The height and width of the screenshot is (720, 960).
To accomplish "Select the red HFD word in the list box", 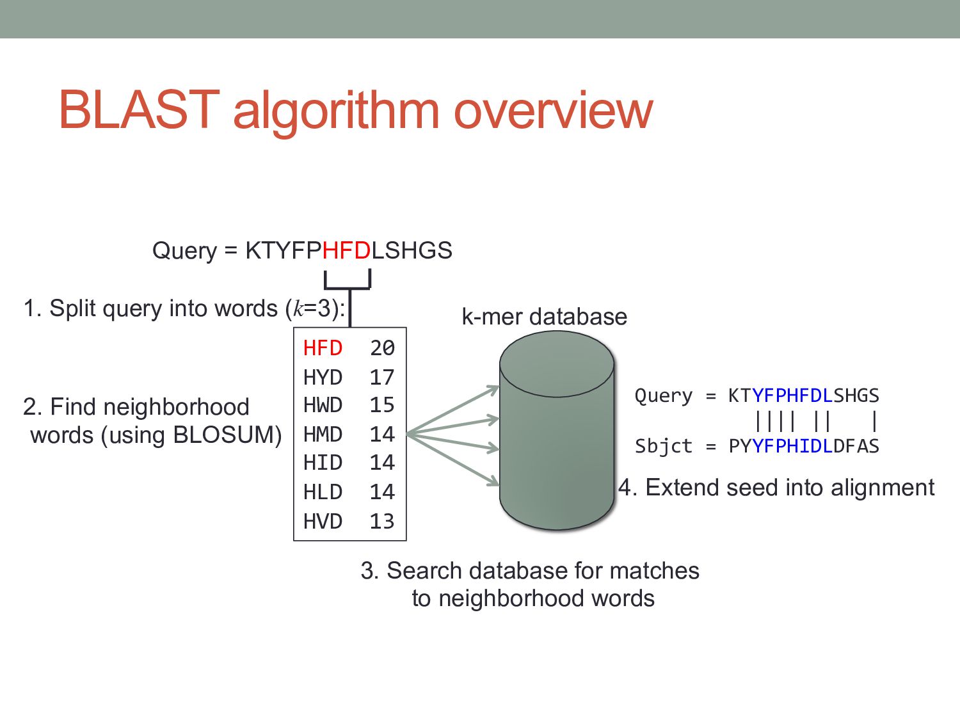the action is (x=323, y=348).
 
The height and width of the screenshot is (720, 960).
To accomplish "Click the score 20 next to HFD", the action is (x=382, y=348).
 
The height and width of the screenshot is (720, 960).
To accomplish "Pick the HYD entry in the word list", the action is (x=323, y=378).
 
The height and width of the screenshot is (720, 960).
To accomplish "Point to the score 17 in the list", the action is (x=382, y=378).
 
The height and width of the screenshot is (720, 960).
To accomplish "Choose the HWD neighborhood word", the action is (x=323, y=405).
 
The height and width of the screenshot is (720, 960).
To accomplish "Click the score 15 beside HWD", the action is (x=382, y=405).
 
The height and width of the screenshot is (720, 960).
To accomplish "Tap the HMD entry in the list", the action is (x=323, y=435).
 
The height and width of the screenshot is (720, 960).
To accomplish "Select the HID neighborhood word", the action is (x=323, y=463).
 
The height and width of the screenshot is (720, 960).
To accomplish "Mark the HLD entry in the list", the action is (x=323, y=492).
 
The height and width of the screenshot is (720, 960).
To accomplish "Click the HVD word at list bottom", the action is (x=323, y=522).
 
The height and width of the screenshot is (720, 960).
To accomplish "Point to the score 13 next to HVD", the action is (x=382, y=522).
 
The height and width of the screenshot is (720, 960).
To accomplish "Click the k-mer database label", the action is (x=544, y=317).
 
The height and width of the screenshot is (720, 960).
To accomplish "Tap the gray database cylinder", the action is (x=557, y=448).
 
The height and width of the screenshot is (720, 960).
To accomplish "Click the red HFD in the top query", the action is (x=346, y=250).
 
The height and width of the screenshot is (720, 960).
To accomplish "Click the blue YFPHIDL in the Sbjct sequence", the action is (x=792, y=446).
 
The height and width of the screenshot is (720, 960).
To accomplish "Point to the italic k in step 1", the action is (x=298, y=309).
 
